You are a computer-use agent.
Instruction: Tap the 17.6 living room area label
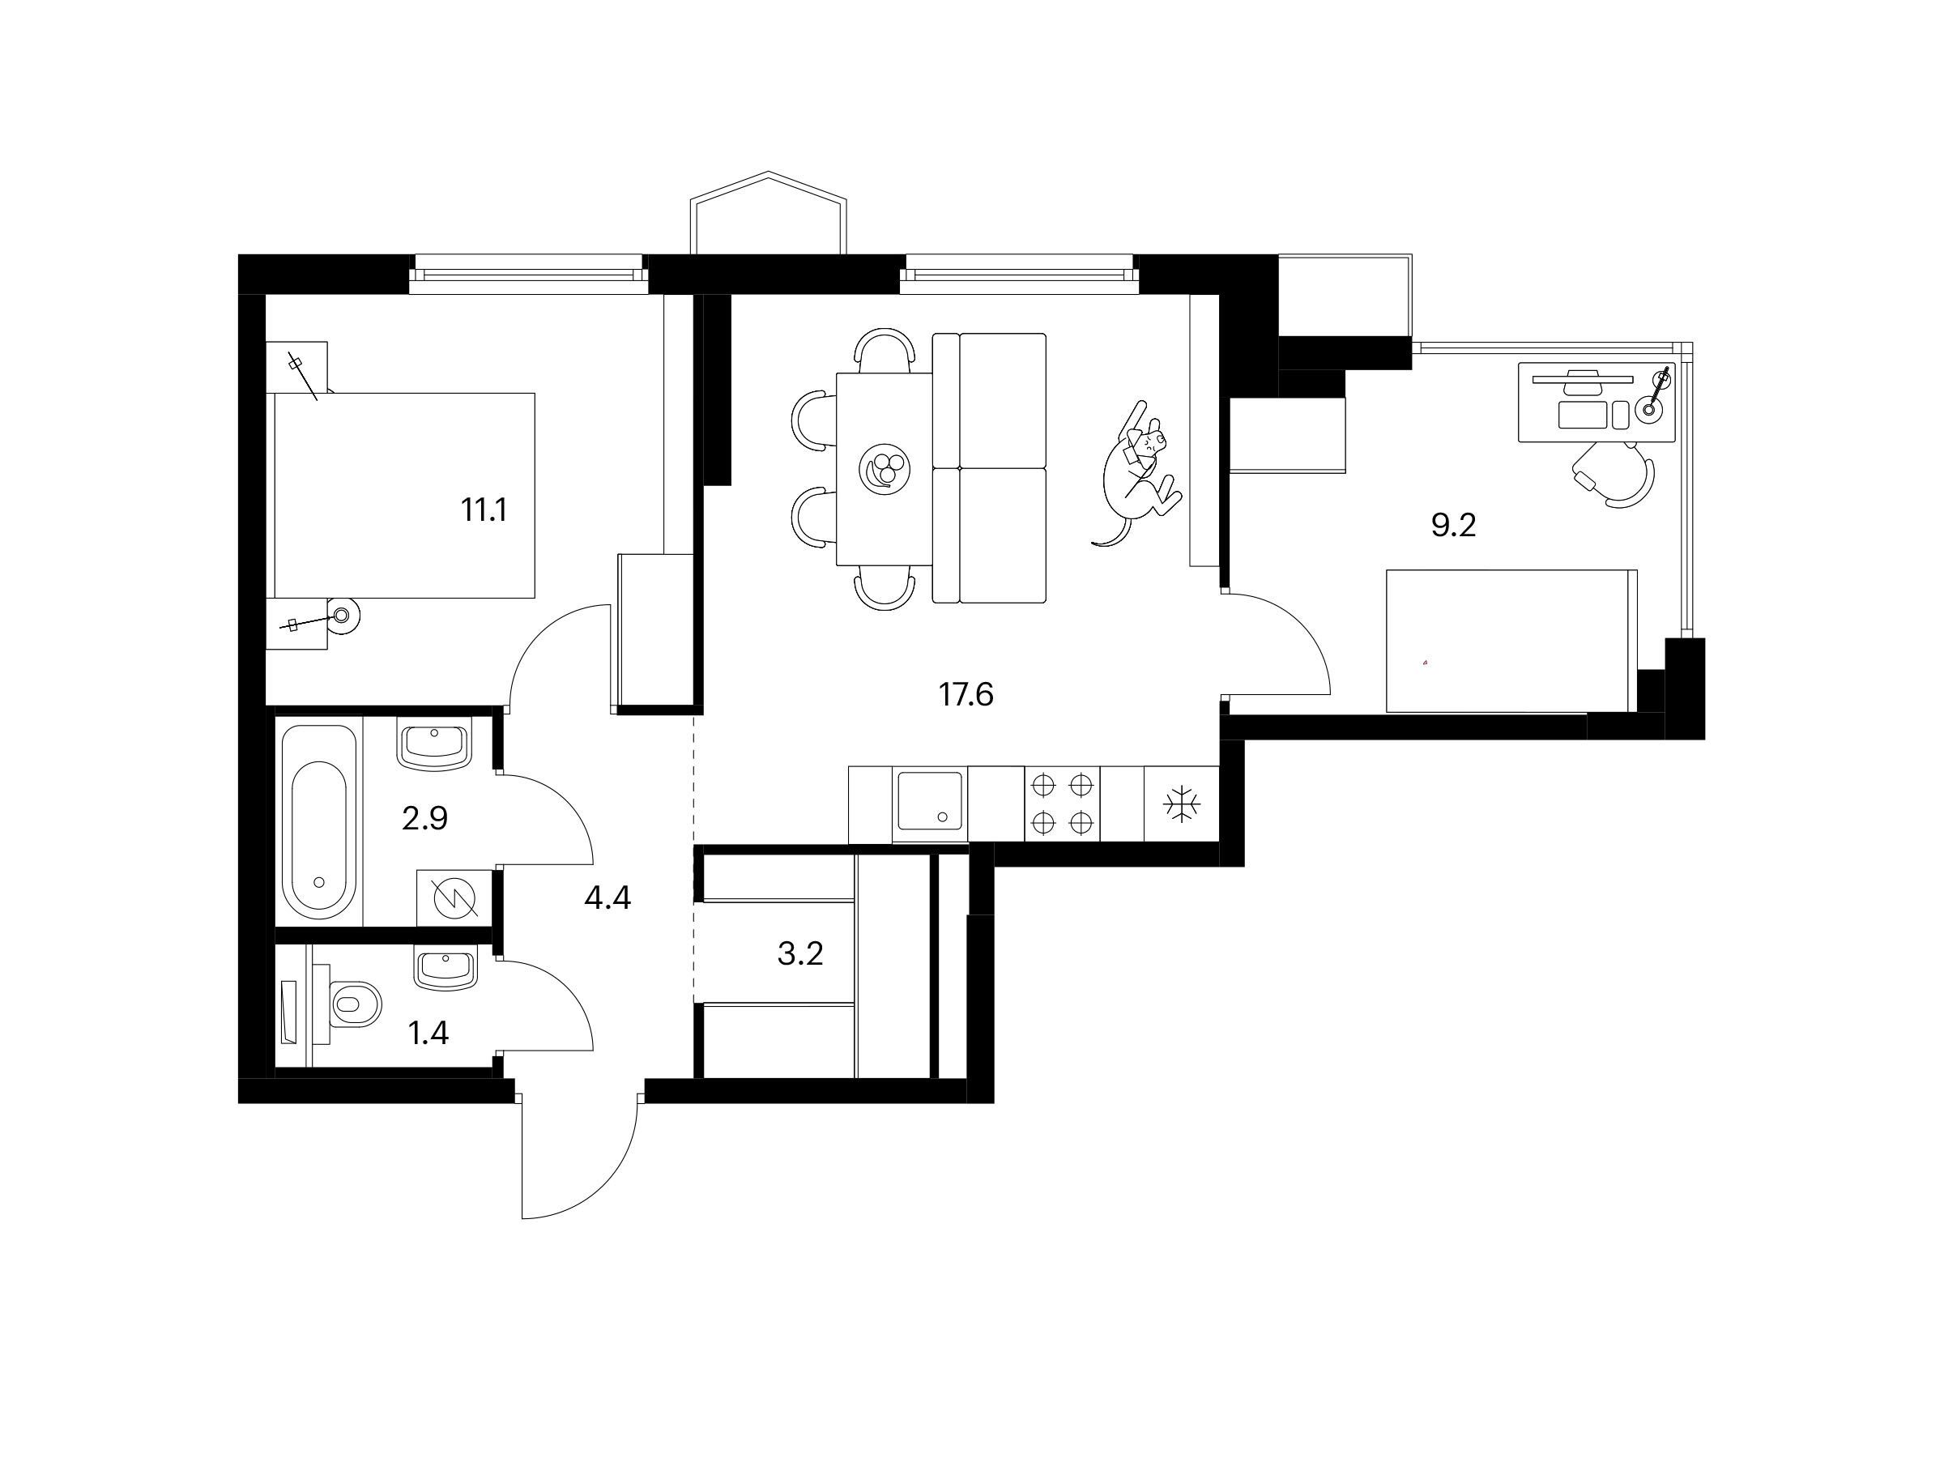[x=966, y=695]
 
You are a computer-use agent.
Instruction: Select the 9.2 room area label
[x=1454, y=526]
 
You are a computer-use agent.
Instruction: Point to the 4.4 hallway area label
[x=607, y=898]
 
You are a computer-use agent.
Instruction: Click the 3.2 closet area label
[x=799, y=953]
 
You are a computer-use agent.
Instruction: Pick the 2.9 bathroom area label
[x=424, y=819]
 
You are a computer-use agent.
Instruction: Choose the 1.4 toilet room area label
[x=428, y=1034]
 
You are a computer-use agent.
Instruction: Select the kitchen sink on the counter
[x=930, y=805]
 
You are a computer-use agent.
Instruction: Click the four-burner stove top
[x=1063, y=804]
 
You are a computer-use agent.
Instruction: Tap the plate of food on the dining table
[x=885, y=470]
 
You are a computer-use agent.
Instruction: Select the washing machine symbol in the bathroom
[x=454, y=898]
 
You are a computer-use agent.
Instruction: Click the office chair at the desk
[x=1615, y=475]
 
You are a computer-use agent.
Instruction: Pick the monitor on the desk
[x=1583, y=379]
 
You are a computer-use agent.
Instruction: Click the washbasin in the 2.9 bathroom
[x=435, y=745]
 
